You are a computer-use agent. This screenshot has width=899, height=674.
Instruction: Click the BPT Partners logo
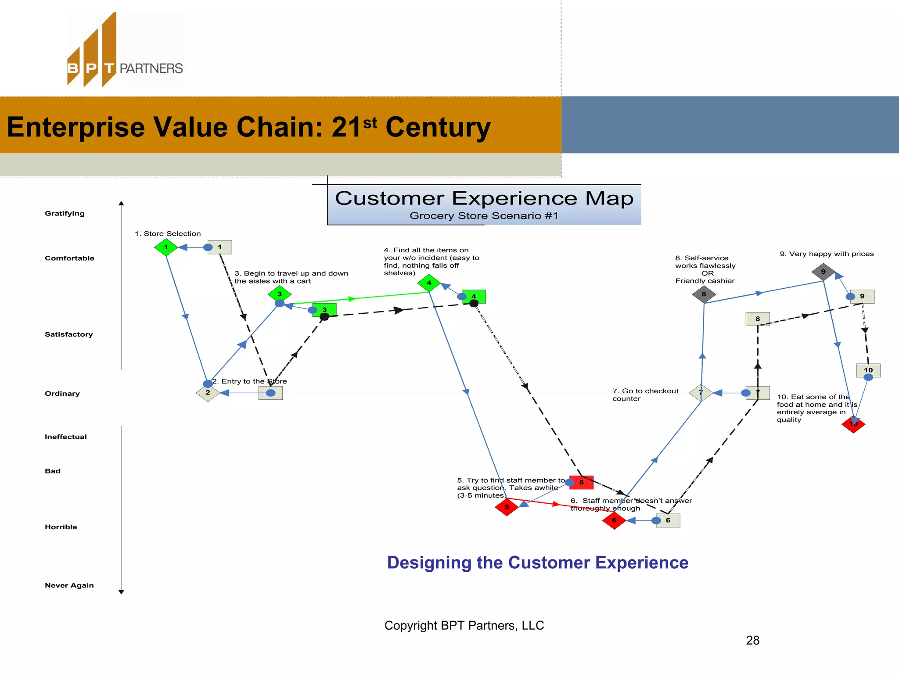(x=125, y=50)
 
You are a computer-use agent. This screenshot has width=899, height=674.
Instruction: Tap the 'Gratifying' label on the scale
(x=65, y=214)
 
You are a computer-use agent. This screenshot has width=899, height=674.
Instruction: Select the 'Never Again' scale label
(x=69, y=585)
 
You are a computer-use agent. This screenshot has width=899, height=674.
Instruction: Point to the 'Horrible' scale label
(x=61, y=527)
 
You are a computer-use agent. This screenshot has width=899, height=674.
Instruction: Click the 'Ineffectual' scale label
(x=65, y=437)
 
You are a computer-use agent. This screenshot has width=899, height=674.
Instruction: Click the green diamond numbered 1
(x=166, y=247)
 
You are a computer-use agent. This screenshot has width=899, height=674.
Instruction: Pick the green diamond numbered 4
(x=429, y=283)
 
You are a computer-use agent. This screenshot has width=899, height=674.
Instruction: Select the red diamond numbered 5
(x=507, y=507)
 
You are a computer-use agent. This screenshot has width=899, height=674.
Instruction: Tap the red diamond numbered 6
(x=614, y=520)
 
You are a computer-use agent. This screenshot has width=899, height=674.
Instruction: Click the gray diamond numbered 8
(x=704, y=294)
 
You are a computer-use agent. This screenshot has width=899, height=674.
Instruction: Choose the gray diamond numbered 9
(x=823, y=272)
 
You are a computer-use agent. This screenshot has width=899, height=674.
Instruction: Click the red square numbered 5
(x=581, y=482)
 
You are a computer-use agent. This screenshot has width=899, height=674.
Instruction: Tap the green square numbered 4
(x=474, y=296)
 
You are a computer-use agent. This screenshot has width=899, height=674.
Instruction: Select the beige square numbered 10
(x=868, y=370)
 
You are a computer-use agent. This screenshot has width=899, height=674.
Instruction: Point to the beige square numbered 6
(x=668, y=520)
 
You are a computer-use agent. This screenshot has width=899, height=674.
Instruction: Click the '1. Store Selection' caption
(x=168, y=234)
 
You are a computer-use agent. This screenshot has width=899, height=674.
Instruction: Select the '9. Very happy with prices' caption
(x=827, y=254)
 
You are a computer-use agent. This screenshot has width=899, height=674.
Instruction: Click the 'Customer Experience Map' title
(x=484, y=198)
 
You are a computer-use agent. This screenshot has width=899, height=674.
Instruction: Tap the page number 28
(x=752, y=641)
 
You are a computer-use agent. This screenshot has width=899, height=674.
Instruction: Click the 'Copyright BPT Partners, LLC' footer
(x=464, y=625)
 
